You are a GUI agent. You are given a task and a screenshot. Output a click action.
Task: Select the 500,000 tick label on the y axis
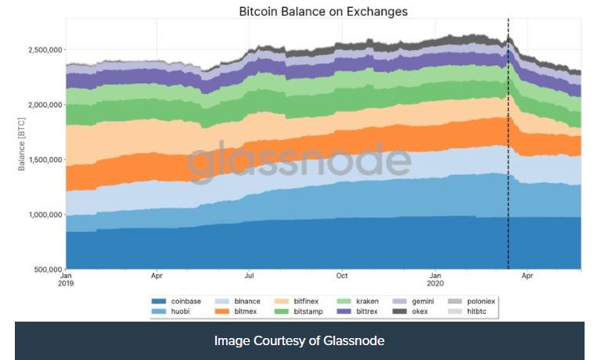(x=45, y=269)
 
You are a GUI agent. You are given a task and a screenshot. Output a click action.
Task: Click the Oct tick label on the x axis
(x=342, y=276)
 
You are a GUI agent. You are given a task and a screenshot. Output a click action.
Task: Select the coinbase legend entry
(x=186, y=301)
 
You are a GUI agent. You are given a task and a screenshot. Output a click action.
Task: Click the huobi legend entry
(x=182, y=311)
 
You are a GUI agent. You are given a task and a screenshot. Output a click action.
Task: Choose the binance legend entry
(x=248, y=301)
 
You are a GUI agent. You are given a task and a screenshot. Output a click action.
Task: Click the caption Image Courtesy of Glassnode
(x=300, y=341)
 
